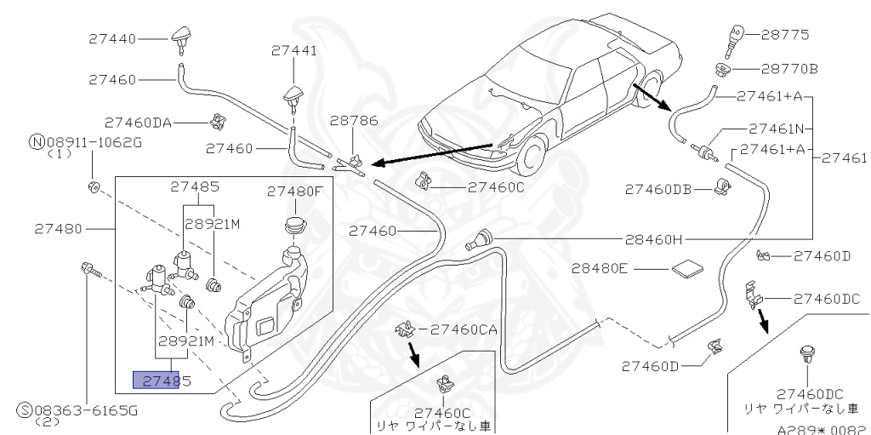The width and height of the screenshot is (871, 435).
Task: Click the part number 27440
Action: pyautogui.click(x=112, y=38)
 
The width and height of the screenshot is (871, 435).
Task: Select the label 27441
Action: pyautogui.click(x=294, y=51)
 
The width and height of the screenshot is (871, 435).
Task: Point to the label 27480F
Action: pyautogui.click(x=294, y=191)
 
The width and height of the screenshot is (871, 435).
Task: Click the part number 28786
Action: pyautogui.click(x=354, y=121)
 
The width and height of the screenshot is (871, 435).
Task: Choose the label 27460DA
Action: pyautogui.click(x=138, y=122)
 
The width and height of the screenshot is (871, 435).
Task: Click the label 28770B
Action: pyautogui.click(x=789, y=68)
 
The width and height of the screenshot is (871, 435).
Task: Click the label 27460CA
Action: pyautogui.click(x=464, y=329)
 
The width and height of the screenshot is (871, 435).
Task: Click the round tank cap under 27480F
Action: pyautogui.click(x=293, y=226)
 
